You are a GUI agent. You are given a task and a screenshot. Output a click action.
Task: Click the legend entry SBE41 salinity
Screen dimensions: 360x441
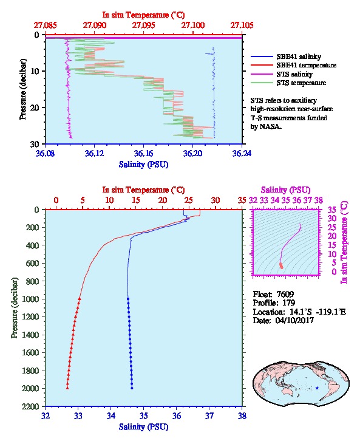point(299,56)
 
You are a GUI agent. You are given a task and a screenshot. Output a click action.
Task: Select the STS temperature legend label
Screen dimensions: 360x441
point(301,83)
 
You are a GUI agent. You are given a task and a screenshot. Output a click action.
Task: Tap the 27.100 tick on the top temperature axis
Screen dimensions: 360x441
point(193,26)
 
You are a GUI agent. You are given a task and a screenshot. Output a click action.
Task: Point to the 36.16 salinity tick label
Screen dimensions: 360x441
point(144,153)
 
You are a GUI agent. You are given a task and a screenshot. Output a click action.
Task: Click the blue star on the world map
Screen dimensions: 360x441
point(317,388)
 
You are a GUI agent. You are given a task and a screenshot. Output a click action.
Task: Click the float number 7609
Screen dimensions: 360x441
point(285,294)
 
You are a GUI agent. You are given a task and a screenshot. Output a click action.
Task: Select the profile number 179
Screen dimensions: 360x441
point(288,303)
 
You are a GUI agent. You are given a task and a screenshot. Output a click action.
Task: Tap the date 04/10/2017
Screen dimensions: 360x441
point(294,320)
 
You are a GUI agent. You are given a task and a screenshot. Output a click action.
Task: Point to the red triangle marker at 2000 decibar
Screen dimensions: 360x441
point(67,388)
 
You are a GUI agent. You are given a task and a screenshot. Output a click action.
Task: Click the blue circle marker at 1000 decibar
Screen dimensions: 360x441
point(128,299)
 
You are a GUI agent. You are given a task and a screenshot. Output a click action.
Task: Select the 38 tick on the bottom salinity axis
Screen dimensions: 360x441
point(242,415)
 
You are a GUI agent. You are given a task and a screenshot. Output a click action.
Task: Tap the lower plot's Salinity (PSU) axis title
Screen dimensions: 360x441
point(144,427)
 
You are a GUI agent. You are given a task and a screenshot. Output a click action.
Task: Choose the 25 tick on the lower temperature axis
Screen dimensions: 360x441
point(189,200)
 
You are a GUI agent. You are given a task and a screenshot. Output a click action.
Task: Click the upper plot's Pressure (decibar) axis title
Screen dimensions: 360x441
point(22,89)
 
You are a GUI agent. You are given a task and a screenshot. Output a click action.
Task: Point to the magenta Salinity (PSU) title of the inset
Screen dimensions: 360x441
point(285,190)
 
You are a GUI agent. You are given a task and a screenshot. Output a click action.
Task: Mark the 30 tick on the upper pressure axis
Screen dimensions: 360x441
point(35,144)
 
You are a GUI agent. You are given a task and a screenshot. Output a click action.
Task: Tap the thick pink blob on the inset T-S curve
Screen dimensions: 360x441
point(281,265)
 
